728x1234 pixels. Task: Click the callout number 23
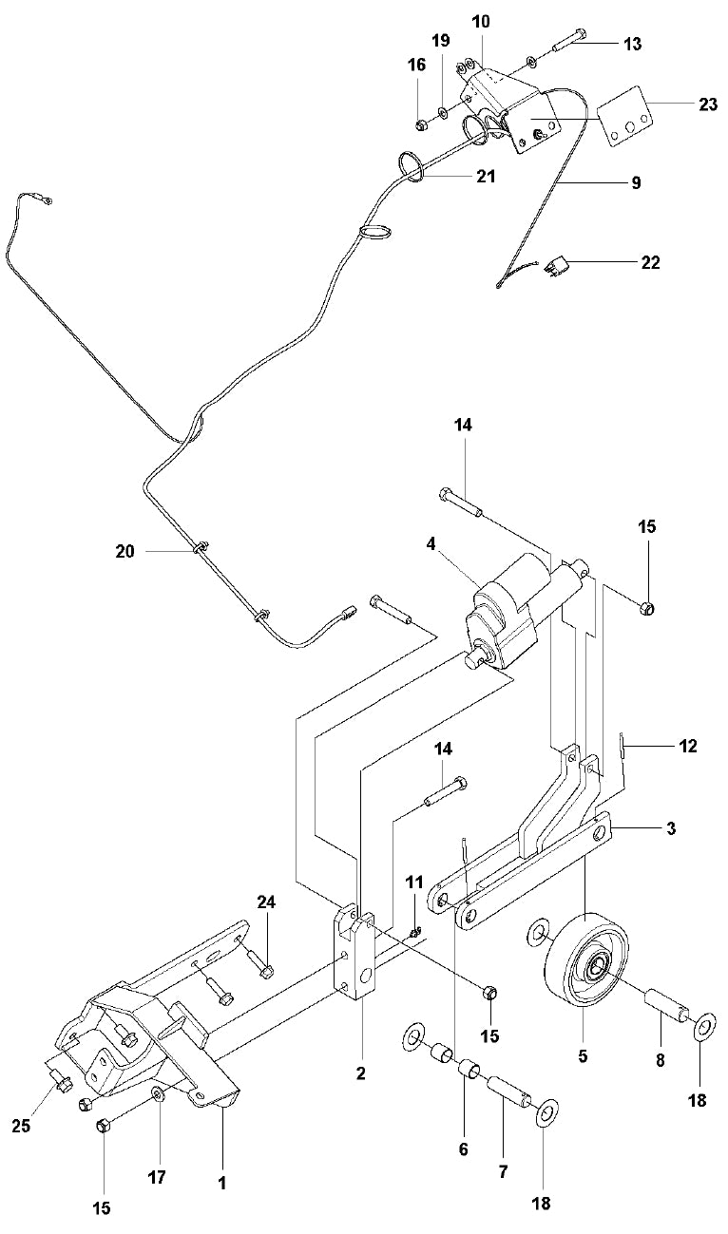[708, 104]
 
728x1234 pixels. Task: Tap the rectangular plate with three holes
[627, 118]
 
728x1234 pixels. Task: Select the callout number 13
[659, 44]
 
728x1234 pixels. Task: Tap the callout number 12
[687, 747]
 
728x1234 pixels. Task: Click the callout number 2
[361, 1073]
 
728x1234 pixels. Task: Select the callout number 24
[265, 902]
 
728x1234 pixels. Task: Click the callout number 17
[157, 1177]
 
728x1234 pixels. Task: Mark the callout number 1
[221, 1183]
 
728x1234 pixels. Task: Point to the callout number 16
[417, 65]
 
